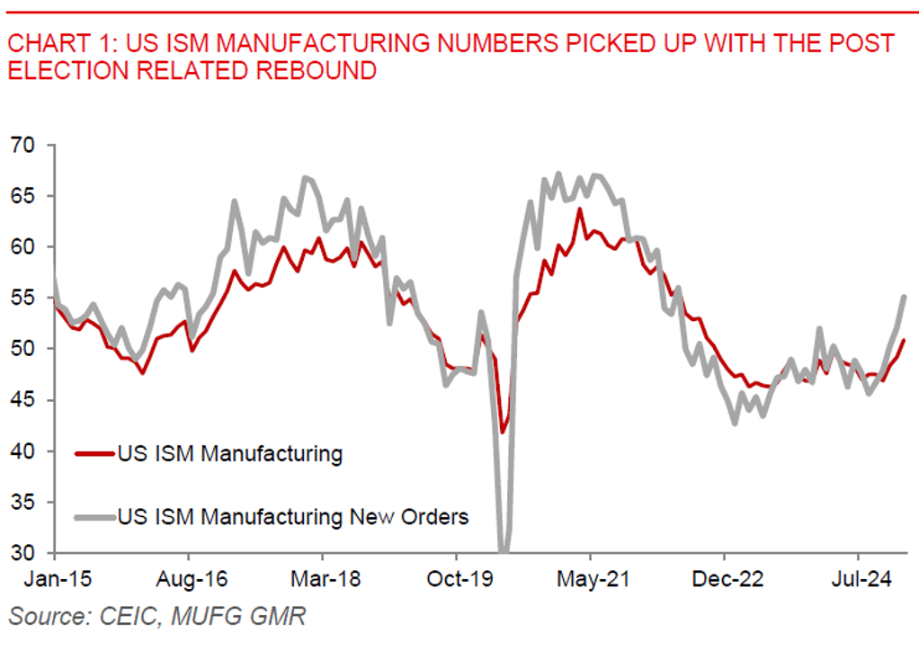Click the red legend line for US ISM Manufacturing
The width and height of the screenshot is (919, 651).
(94, 453)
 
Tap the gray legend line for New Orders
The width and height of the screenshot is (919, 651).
(94, 516)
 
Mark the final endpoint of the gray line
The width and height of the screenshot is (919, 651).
(904, 297)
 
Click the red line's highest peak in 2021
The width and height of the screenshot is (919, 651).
(580, 209)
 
